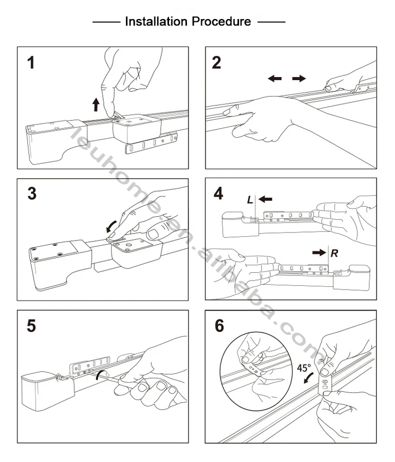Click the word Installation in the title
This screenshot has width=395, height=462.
[x=156, y=22]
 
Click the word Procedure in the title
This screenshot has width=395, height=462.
[x=221, y=22]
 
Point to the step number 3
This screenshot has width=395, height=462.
[x=33, y=193]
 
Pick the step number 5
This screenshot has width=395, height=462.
[x=33, y=325]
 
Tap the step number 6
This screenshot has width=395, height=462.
[x=219, y=325]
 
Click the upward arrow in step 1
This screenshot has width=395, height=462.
[x=96, y=104]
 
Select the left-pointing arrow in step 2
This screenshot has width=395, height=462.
[x=274, y=79]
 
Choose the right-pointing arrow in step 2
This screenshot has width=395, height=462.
[x=299, y=79]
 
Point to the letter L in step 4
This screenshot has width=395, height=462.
[x=250, y=199]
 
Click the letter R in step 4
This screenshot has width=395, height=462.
[x=334, y=253]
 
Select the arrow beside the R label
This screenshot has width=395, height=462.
[x=319, y=253]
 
